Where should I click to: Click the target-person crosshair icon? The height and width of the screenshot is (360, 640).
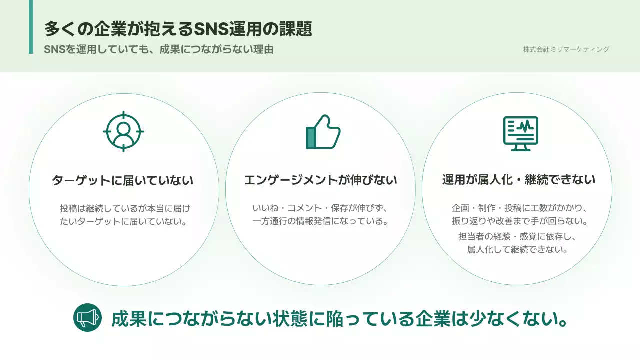pyautogui.click(x=123, y=132)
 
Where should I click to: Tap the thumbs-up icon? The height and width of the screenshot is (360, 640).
pyautogui.click(x=323, y=132)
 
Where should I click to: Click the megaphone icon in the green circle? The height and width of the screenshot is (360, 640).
pyautogui.click(x=87, y=317)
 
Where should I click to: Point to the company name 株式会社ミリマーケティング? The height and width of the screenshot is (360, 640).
pyautogui.click(x=566, y=49)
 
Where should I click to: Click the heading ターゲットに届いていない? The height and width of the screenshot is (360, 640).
pyautogui.click(x=123, y=180)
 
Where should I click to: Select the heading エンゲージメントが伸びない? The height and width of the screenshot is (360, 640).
pyautogui.click(x=320, y=180)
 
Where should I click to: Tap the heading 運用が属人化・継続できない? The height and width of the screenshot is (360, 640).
pyautogui.click(x=519, y=180)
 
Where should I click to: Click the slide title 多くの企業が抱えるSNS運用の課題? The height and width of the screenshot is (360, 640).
pyautogui.click(x=178, y=29)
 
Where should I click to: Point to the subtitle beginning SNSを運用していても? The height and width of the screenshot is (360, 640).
pyautogui.click(x=158, y=50)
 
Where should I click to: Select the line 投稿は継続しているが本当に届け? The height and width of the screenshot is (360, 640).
pyautogui.click(x=125, y=208)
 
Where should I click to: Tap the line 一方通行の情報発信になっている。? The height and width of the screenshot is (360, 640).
pyautogui.click(x=320, y=221)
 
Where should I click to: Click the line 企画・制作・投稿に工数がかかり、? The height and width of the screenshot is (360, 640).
pyautogui.click(x=519, y=208)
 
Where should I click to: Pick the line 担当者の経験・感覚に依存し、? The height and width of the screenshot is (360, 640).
pyautogui.click(x=519, y=237)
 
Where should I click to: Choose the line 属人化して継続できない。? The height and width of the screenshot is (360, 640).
pyautogui.click(x=519, y=249)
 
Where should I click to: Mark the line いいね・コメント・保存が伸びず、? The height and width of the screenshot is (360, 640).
pyautogui.click(x=320, y=208)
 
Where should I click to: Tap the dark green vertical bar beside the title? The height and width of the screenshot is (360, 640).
pyautogui.click(x=31, y=27)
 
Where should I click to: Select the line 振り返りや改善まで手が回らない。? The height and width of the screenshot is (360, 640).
pyautogui.click(x=519, y=221)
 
